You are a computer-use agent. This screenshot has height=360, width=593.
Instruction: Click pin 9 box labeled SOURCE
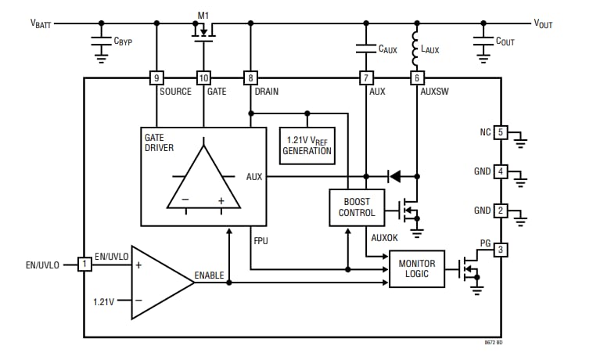click(x=156, y=78)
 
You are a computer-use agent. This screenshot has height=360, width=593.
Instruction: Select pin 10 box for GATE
click(x=203, y=78)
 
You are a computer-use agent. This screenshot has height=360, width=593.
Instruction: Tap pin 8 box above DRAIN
click(x=250, y=78)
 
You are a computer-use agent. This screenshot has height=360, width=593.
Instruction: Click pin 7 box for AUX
click(x=366, y=78)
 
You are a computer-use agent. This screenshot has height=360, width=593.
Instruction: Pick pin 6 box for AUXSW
click(x=417, y=78)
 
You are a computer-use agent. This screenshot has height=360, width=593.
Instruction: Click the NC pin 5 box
click(x=501, y=132)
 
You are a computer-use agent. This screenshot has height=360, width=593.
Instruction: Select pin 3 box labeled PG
click(x=501, y=250)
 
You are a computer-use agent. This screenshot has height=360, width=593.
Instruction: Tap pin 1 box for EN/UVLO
click(x=84, y=265)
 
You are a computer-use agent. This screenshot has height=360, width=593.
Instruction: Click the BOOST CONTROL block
click(x=357, y=207)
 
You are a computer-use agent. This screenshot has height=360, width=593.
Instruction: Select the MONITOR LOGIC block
click(x=416, y=268)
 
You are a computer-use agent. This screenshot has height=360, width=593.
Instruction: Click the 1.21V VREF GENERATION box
click(x=307, y=146)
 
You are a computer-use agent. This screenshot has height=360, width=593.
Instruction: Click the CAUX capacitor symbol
click(x=366, y=48)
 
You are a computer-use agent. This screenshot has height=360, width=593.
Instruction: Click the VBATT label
click(x=41, y=23)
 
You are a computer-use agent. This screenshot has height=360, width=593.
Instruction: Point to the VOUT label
click(x=543, y=23)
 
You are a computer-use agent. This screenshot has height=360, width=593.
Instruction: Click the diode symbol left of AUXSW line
click(x=394, y=176)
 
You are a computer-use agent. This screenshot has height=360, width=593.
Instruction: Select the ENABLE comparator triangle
click(x=158, y=283)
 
